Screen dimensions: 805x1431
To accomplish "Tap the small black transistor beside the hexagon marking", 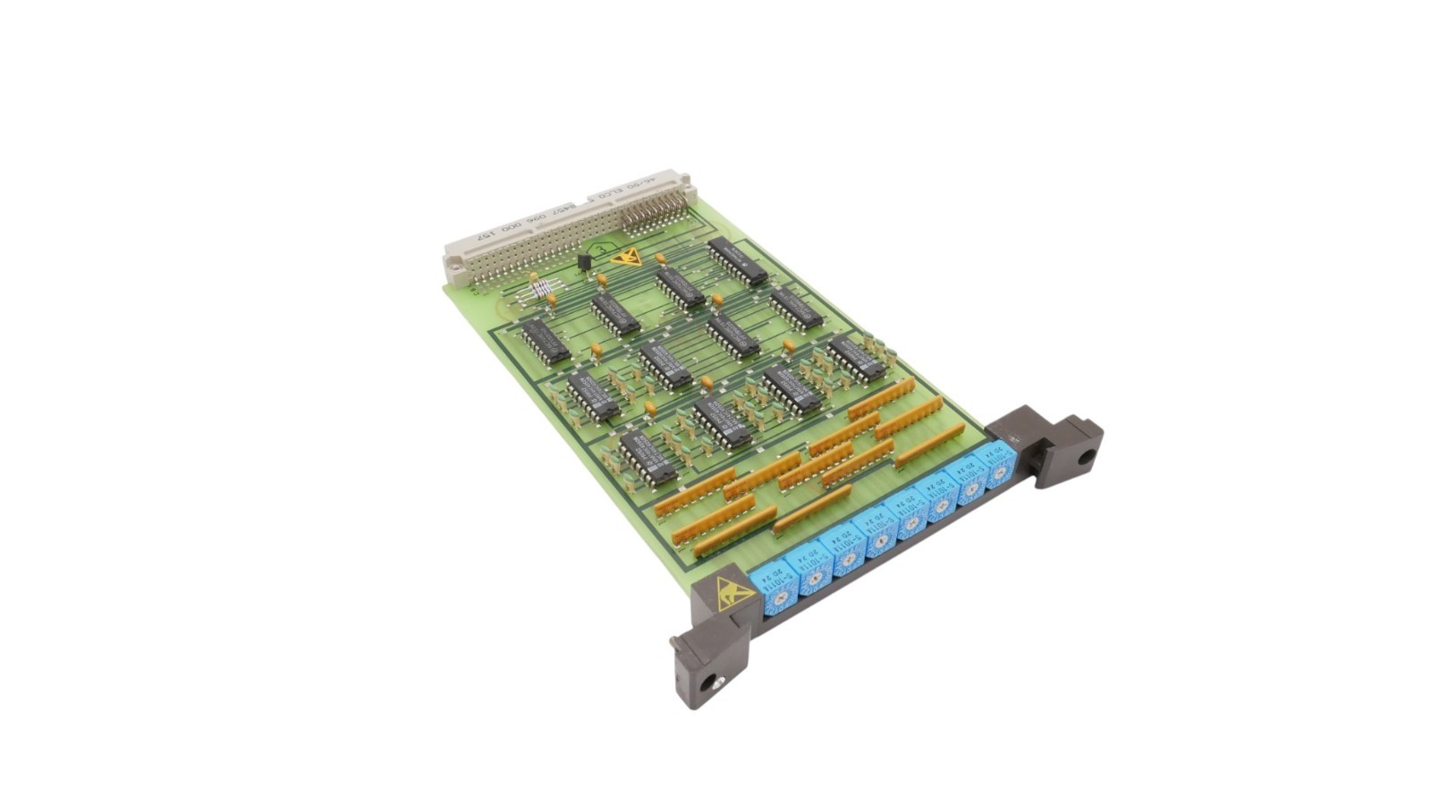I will (584, 261).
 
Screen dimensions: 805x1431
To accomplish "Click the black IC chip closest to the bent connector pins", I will (738, 260).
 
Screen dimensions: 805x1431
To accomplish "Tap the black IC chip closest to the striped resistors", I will (545, 341).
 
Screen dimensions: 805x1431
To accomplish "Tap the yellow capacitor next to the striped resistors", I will (534, 278).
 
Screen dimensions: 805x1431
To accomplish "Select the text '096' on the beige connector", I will (538, 221).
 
